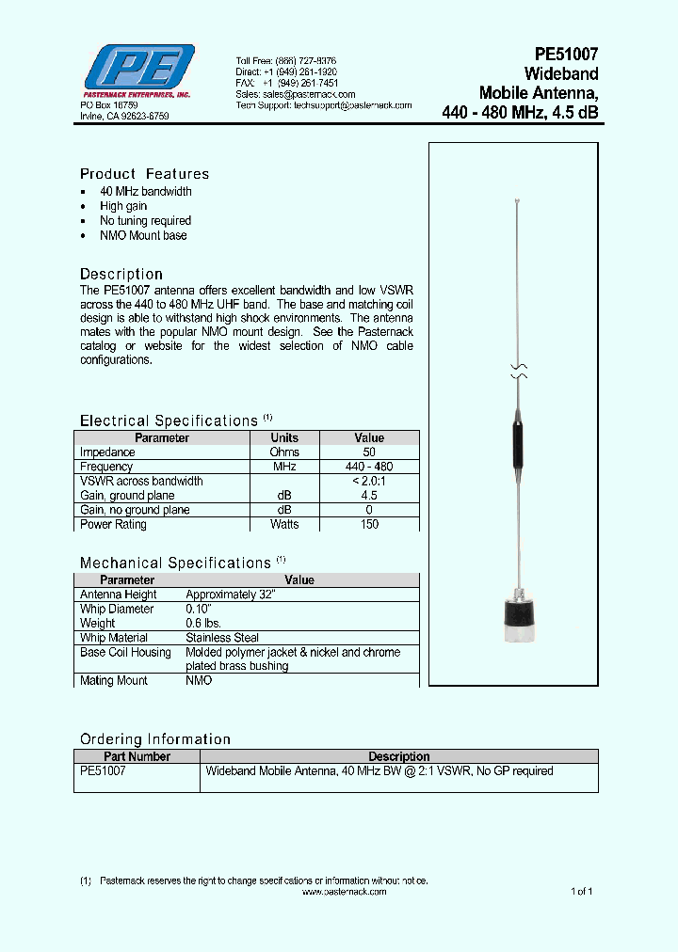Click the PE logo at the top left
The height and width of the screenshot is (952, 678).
138,69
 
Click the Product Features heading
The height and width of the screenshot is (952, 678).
144,174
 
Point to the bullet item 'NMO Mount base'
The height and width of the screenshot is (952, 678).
143,235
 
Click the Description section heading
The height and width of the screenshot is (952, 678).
121,275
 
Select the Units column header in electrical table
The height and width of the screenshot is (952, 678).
284,437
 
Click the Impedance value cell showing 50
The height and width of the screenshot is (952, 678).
369,452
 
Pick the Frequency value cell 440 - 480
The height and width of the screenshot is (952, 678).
369,467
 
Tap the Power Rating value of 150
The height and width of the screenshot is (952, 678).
369,524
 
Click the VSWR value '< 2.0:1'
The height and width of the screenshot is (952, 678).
369,481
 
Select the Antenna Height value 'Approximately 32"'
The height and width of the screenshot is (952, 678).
230,595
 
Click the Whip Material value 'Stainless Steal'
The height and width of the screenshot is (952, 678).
222,638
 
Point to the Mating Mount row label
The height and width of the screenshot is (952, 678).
114,680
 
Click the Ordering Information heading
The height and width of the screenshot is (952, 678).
155,739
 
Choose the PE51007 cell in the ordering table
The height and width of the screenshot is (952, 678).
103,770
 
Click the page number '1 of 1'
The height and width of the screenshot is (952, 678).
581,891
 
